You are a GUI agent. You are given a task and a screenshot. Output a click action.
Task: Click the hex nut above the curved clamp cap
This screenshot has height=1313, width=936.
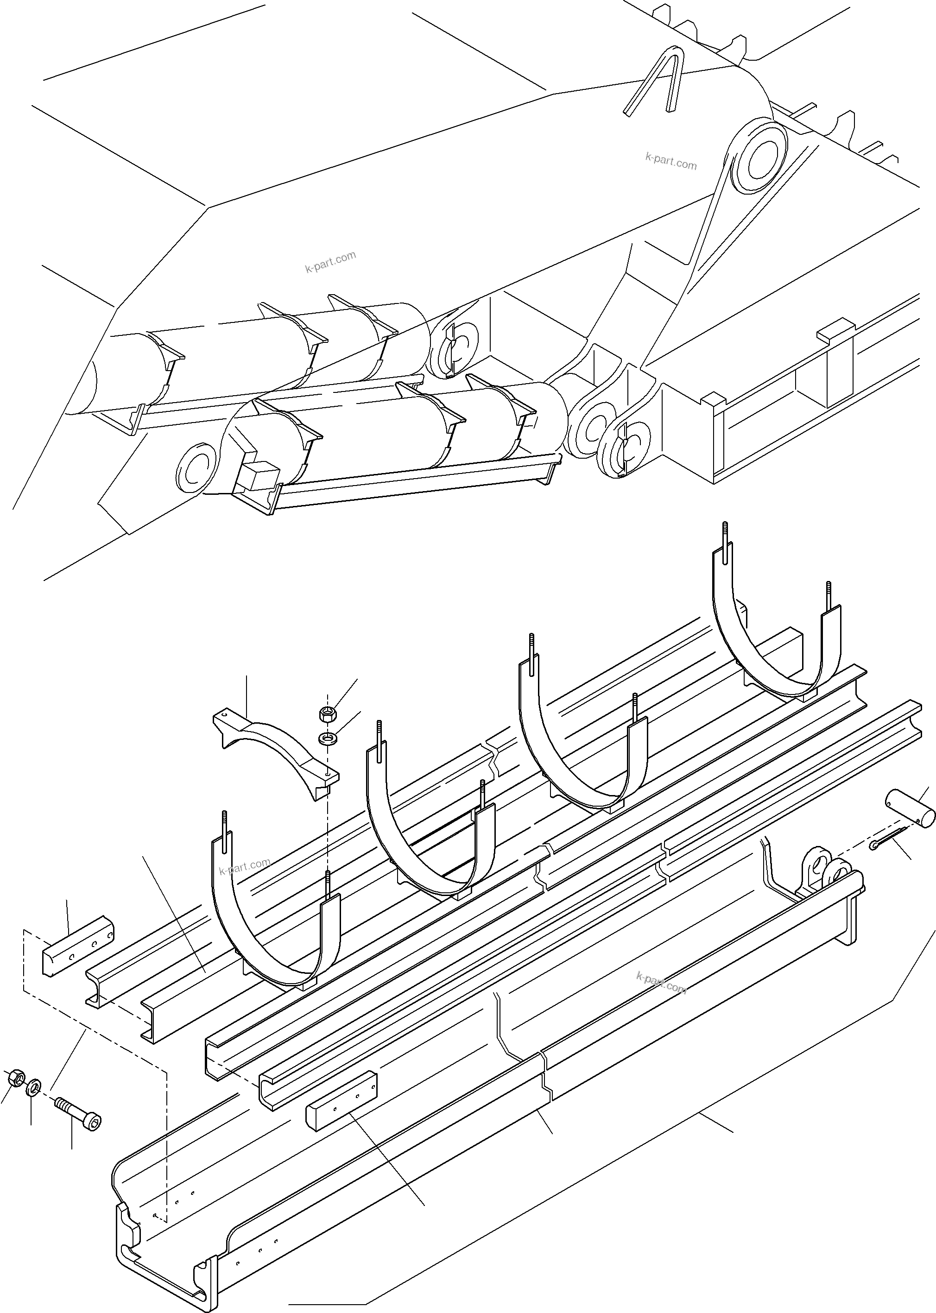click(326, 714)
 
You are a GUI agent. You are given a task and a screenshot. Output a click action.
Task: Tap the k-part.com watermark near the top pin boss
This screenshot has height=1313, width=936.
click(671, 161)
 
